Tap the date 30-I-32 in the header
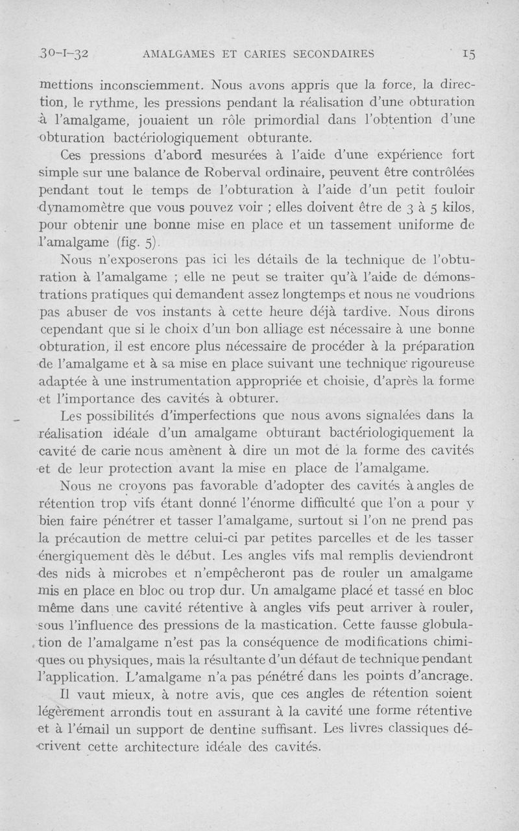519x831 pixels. pos(64,54)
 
